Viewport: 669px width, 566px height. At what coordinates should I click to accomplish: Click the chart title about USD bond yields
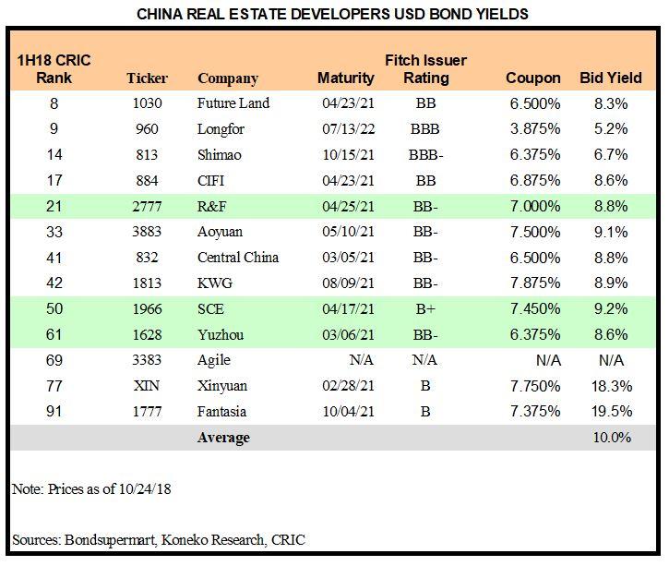(x=333, y=14)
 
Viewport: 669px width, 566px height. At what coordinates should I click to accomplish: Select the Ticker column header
(x=147, y=78)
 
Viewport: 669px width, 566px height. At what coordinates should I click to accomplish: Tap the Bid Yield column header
(x=610, y=78)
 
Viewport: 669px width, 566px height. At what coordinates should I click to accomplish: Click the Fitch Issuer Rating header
(x=425, y=69)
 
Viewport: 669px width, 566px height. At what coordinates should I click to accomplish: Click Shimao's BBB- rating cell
(x=425, y=154)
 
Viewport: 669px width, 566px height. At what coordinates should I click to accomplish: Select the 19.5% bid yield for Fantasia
(x=612, y=412)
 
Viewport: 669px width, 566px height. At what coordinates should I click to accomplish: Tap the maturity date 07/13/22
(x=341, y=128)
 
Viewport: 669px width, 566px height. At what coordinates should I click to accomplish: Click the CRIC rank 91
(x=54, y=412)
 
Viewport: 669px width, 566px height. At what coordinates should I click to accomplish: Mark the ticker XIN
(x=147, y=386)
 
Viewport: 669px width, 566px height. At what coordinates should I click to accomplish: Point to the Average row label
(x=223, y=438)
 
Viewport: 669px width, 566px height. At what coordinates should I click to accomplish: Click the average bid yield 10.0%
(x=612, y=438)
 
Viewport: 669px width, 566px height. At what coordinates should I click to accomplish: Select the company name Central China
(x=238, y=258)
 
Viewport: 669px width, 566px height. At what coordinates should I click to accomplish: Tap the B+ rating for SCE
(x=425, y=308)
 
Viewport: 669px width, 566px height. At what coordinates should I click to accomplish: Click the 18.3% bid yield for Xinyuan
(x=612, y=386)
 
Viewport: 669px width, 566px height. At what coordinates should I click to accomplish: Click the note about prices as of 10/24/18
(x=91, y=489)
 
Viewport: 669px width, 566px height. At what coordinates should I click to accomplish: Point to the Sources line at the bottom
(x=158, y=539)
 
